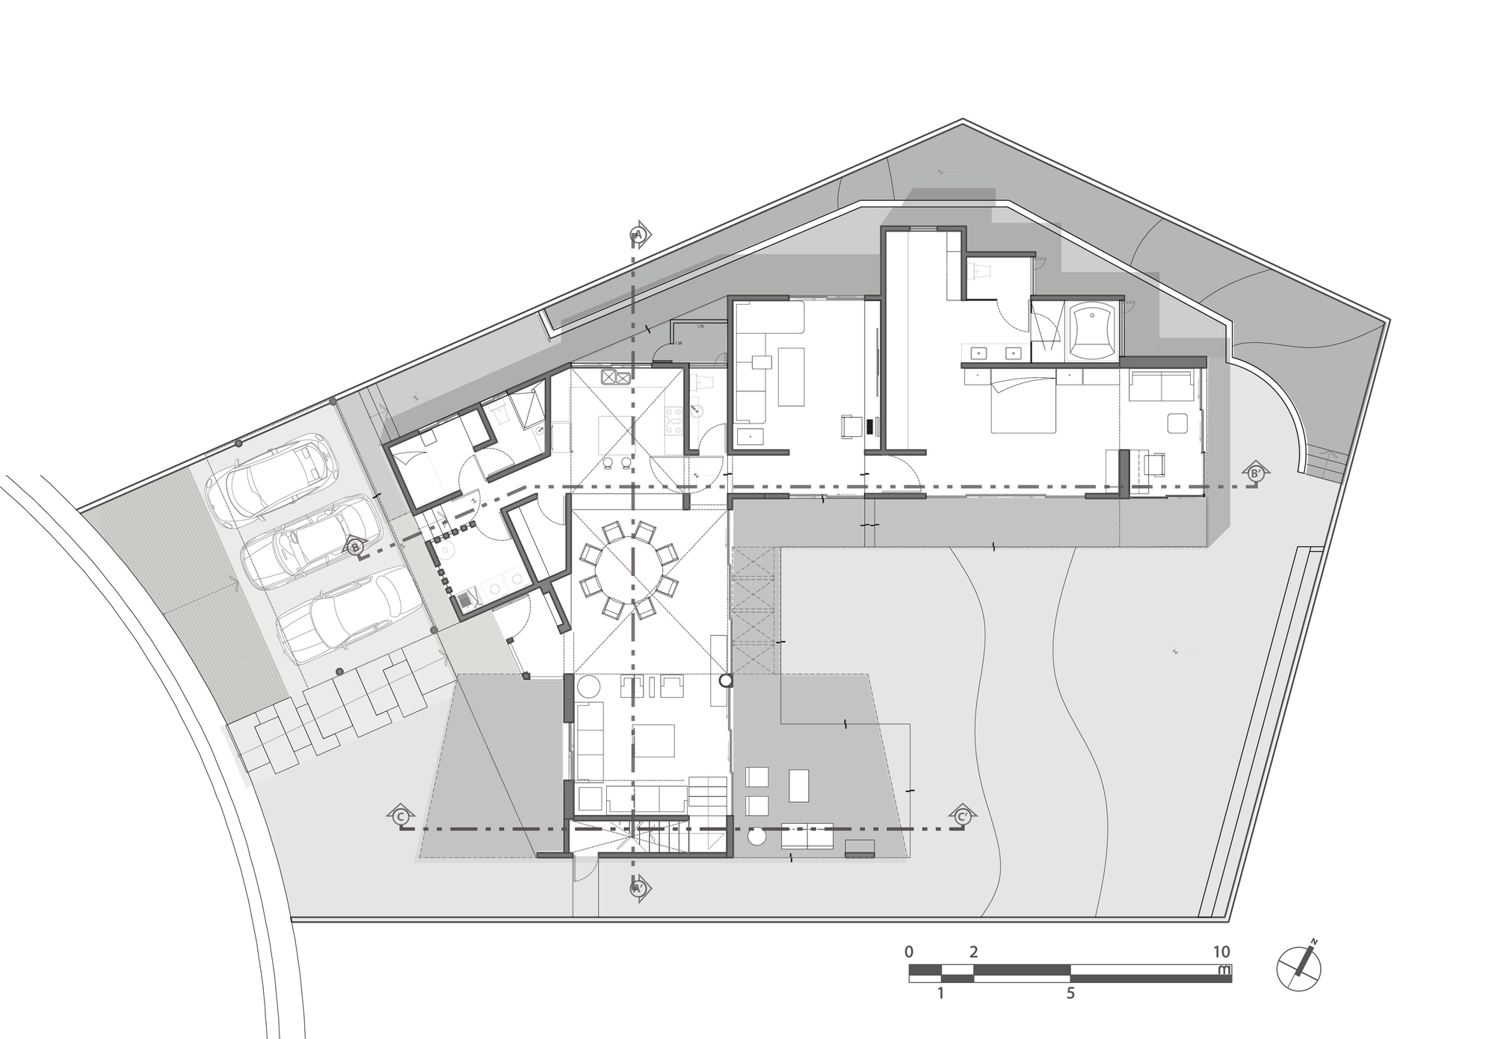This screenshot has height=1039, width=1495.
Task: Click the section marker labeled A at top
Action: pyautogui.click(x=638, y=234)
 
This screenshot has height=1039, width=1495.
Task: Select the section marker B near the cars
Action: pyautogui.click(x=355, y=547)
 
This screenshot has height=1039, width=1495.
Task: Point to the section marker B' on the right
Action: pyautogui.click(x=1255, y=473)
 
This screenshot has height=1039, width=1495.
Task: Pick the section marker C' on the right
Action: pyautogui.click(x=963, y=816)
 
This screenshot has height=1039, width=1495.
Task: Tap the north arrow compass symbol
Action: pyautogui.click(x=1299, y=968)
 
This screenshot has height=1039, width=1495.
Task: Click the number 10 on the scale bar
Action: pyautogui.click(x=1221, y=952)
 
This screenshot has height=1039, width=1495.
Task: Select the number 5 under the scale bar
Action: pyautogui.click(x=1070, y=993)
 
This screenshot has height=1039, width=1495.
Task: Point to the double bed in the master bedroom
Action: pyautogui.click(x=1023, y=405)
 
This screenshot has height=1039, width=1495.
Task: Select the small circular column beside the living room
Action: pyautogui.click(x=725, y=680)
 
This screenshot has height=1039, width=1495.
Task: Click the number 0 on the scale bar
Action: pyautogui.click(x=909, y=952)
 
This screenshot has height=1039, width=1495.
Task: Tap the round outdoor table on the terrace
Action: pyautogui.click(x=756, y=837)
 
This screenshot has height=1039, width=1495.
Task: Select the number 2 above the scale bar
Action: pyautogui.click(x=973, y=952)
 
